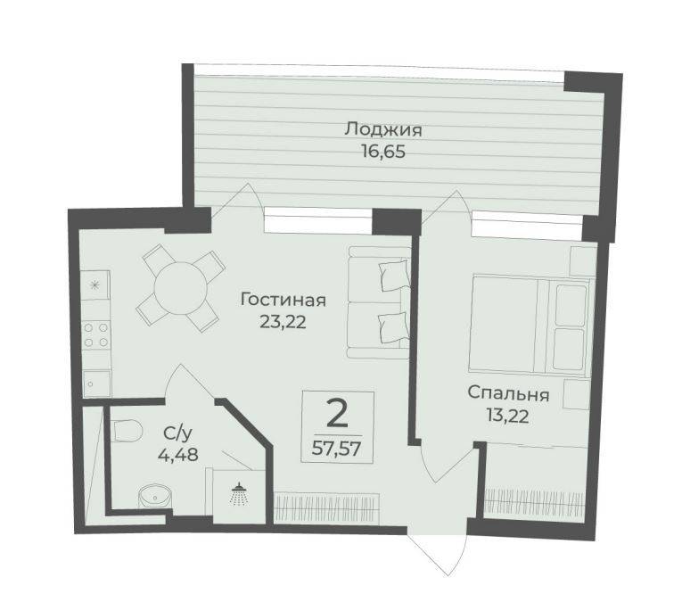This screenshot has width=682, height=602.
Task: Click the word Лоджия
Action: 383,130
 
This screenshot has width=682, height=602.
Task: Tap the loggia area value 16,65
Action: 383,152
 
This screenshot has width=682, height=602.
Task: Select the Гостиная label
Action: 283,301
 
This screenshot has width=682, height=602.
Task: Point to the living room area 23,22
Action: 283,322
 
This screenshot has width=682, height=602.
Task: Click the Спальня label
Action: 508,394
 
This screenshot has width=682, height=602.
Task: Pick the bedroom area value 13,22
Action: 507,416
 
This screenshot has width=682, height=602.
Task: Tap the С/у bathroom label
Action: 177,433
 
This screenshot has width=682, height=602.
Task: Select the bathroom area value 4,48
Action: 178,455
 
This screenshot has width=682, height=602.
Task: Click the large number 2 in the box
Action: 337,415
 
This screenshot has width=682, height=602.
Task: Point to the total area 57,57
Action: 337,448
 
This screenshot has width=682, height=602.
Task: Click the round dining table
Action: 181,286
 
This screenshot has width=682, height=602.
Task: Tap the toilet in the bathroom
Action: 127,431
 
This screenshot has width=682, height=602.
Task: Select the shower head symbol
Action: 238,494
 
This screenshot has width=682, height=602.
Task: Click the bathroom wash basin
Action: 154,496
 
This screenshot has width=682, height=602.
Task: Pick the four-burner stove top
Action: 96,335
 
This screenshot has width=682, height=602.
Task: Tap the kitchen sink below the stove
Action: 96,383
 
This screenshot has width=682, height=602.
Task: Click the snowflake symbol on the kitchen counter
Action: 94,285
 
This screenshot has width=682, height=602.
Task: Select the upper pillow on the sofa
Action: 394,275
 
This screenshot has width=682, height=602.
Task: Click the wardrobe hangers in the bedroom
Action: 534,501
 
